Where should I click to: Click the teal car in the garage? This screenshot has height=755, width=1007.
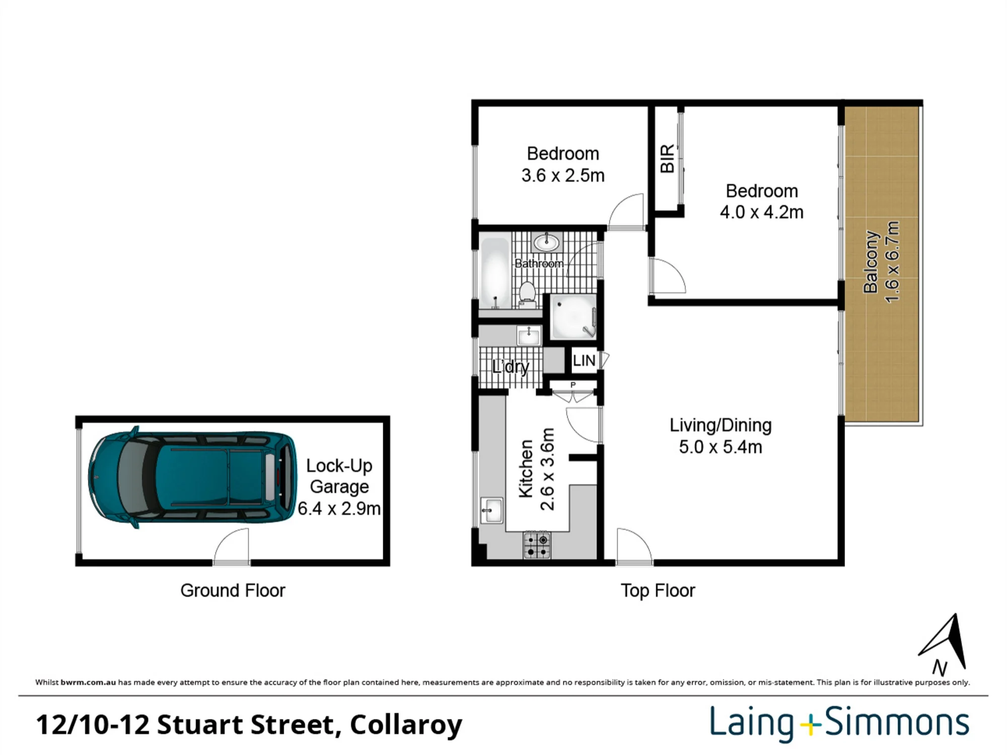click(x=193, y=477)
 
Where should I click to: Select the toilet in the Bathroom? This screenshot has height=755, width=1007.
click(x=527, y=295)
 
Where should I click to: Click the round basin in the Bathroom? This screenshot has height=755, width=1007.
click(x=546, y=243)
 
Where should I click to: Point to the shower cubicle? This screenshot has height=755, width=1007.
click(x=573, y=317)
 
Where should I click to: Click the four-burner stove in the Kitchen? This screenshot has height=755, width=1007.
click(x=537, y=545)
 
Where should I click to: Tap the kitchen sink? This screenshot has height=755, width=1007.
click(x=491, y=510)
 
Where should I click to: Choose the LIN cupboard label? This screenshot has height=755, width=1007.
click(x=584, y=360)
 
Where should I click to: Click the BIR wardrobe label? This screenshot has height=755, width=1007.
click(x=667, y=159)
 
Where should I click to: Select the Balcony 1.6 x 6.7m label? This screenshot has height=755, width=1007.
click(x=881, y=262)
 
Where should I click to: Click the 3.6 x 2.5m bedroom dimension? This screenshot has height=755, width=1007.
click(x=563, y=176)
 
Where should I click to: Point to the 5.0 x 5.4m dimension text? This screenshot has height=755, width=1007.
click(x=721, y=447)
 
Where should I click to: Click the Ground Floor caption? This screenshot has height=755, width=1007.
click(x=233, y=590)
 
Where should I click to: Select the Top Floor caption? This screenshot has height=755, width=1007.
click(x=658, y=591)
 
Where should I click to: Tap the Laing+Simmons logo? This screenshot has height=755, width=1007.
click(x=839, y=723)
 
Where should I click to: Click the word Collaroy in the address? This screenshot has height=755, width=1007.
click(x=406, y=725)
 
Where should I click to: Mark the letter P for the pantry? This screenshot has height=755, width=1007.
click(x=573, y=385)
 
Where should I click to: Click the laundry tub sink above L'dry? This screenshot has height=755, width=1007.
click(x=529, y=335)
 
